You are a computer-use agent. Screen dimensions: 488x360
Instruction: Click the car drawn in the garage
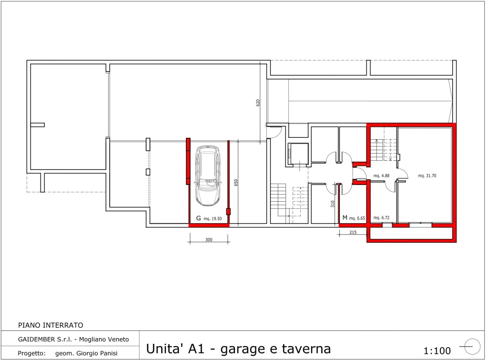pyautogui.click(x=208, y=175)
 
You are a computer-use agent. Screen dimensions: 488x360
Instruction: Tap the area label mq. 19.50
pyautogui.click(x=213, y=218)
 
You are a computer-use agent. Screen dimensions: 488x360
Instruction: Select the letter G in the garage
pyautogui.click(x=199, y=218)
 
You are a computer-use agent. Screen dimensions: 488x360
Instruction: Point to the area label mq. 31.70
pyautogui.click(x=427, y=175)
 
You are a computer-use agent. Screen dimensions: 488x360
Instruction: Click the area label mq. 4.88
pyautogui.click(x=381, y=175)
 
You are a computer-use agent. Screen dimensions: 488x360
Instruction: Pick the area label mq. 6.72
pyautogui.click(x=381, y=218)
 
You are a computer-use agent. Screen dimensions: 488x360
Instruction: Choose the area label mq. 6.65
pyautogui.click(x=357, y=218)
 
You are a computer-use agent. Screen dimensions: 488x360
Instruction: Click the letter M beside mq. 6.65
pyautogui.click(x=345, y=217)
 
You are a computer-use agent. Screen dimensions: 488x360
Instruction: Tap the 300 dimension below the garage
pyautogui.click(x=209, y=239)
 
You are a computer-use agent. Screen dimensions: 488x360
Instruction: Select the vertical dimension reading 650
pyautogui.click(x=236, y=183)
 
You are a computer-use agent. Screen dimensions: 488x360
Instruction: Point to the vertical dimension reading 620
pyautogui.click(x=258, y=103)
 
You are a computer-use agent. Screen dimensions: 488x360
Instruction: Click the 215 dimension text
pyautogui.click(x=353, y=232)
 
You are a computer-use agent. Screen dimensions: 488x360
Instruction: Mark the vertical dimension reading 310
pyautogui.click(x=332, y=204)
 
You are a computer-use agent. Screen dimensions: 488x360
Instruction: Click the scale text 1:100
pyautogui.click(x=437, y=351)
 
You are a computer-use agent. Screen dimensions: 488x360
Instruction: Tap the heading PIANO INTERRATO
pyautogui.click(x=51, y=325)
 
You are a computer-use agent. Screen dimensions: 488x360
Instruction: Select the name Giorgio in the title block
pyautogui.click(x=87, y=353)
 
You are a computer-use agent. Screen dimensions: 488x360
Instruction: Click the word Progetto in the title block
pyautogui.click(x=31, y=353)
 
